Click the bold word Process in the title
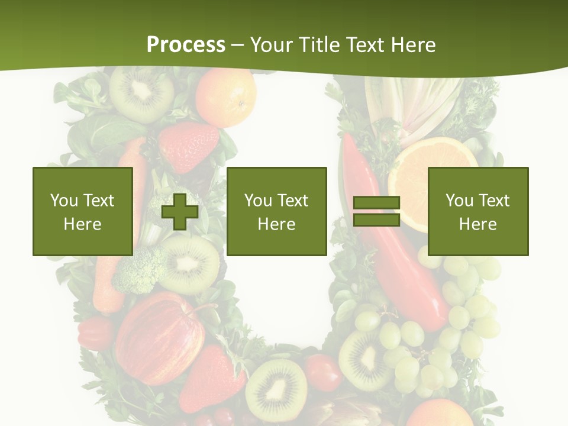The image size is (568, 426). [x=186, y=45]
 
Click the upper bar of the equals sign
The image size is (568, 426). [x=376, y=203]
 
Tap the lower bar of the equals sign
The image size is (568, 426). [x=376, y=220]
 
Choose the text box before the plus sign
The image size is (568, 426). [x=83, y=211]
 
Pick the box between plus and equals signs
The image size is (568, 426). [x=276, y=211]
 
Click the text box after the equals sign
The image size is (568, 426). [x=477, y=211]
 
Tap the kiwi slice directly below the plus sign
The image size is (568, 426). [x=189, y=263]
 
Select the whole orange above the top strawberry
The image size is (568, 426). [x=226, y=96]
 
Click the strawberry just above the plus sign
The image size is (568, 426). [x=188, y=147]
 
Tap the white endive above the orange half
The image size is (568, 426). [x=408, y=106]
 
